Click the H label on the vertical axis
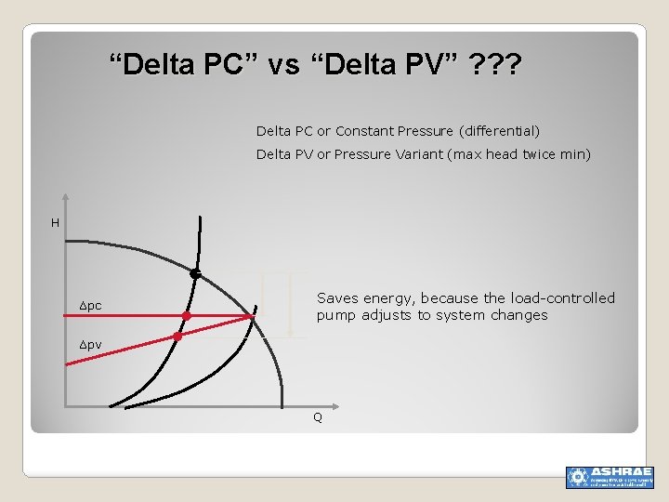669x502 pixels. coord(55,223)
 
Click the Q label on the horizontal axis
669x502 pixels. coord(318,417)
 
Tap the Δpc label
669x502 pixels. coord(91,306)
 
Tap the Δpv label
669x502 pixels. coord(91,345)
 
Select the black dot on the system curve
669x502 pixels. coord(195,274)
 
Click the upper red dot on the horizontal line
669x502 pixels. coord(187,316)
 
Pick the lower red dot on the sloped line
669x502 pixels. coord(177,337)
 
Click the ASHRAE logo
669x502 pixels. coord(610,477)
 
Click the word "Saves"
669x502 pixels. coord(337,298)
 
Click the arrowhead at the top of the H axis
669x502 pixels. coord(65,198)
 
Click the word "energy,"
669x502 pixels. coord(390,298)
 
